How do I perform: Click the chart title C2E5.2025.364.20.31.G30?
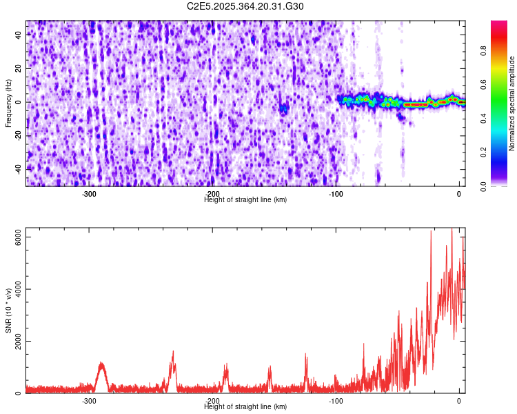(245, 6)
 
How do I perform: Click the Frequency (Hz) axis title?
(8, 103)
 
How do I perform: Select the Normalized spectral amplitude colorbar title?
(512, 103)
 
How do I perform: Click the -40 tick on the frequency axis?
(17, 168)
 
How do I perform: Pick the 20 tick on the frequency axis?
(18, 68)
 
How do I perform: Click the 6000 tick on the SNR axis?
(14, 237)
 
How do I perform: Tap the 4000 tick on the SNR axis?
(14, 289)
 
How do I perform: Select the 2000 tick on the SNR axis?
(14, 341)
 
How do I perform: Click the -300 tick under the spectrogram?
(89, 194)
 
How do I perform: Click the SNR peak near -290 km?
(102, 363)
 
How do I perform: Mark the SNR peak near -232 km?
(173, 352)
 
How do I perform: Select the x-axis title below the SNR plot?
(245, 406)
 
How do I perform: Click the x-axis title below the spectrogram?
(245, 199)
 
